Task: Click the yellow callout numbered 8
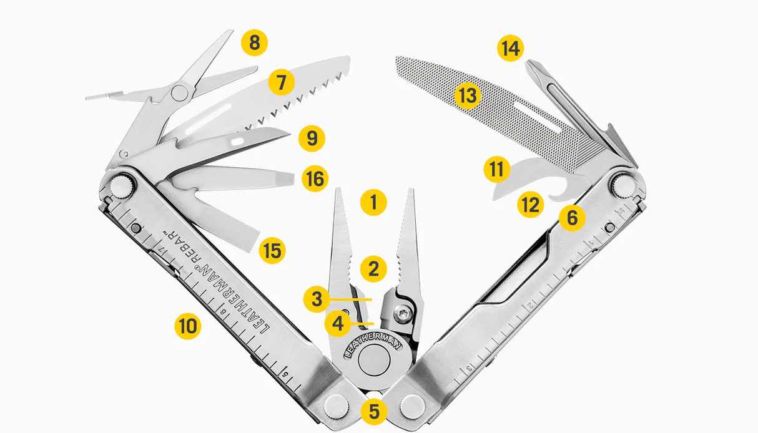tap(254, 43)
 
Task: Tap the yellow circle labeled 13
tap(467, 95)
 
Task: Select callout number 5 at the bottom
tap(374, 411)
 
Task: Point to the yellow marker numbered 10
tap(187, 326)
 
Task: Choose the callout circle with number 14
tap(511, 48)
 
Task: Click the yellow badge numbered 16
tap(315, 179)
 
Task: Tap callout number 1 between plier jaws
tap(373, 202)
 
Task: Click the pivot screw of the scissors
tap(180, 93)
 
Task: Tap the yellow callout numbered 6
tap(573, 218)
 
